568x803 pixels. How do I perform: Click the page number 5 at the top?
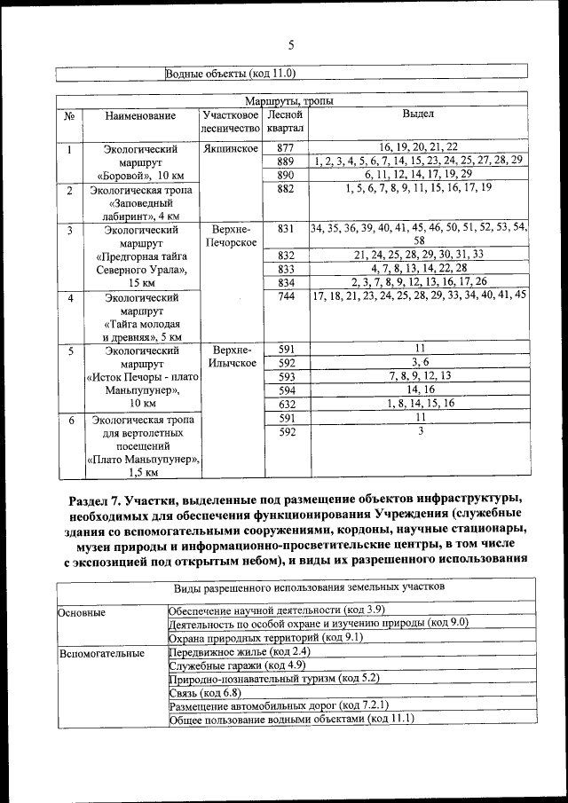point(291,45)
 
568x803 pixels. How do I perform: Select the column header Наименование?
point(139,115)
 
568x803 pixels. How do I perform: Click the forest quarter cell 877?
point(285,146)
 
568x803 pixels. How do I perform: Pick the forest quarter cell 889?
point(285,161)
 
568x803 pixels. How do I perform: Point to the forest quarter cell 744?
point(285,295)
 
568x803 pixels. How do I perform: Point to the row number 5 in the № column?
point(68,350)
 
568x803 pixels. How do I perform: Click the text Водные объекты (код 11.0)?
point(230,73)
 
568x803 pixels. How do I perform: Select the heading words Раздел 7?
point(96,493)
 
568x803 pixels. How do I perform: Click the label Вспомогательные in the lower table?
point(101,654)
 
